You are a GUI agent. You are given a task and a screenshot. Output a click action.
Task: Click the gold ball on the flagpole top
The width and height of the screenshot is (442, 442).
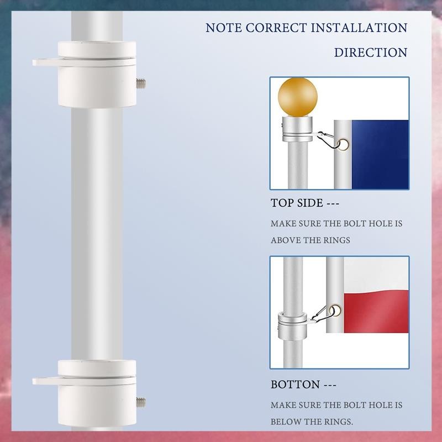point(298,97)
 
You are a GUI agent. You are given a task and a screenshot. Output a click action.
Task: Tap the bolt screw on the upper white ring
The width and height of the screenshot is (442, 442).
point(141,83)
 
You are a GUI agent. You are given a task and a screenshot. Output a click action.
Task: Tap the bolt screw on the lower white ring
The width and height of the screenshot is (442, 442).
point(141,402)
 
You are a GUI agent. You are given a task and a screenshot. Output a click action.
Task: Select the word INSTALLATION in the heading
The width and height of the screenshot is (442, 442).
point(359,28)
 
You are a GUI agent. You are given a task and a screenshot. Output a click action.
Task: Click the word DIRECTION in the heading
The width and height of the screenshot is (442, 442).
point(371,52)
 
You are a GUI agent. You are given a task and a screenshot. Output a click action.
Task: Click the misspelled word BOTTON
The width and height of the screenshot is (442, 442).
point(295,385)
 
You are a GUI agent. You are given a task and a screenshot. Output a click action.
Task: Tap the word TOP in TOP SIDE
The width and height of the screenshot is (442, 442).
point(282,203)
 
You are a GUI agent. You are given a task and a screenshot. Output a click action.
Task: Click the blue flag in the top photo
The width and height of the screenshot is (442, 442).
point(380,155)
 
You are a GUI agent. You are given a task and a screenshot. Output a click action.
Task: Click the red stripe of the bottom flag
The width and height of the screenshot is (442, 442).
point(376,312)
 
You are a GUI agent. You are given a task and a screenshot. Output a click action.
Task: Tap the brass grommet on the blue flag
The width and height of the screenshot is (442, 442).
point(344,145)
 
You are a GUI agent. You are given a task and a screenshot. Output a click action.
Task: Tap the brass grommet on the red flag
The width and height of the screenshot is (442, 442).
point(335,311)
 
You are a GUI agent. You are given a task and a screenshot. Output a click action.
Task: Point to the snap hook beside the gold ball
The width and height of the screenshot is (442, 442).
point(327,140)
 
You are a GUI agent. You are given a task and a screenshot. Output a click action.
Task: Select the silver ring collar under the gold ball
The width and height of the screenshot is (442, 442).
point(297,129)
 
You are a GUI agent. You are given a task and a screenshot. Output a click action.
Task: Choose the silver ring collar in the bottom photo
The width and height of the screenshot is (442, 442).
point(292,326)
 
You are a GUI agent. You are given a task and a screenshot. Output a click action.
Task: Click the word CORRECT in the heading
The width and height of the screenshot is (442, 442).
point(276,28)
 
